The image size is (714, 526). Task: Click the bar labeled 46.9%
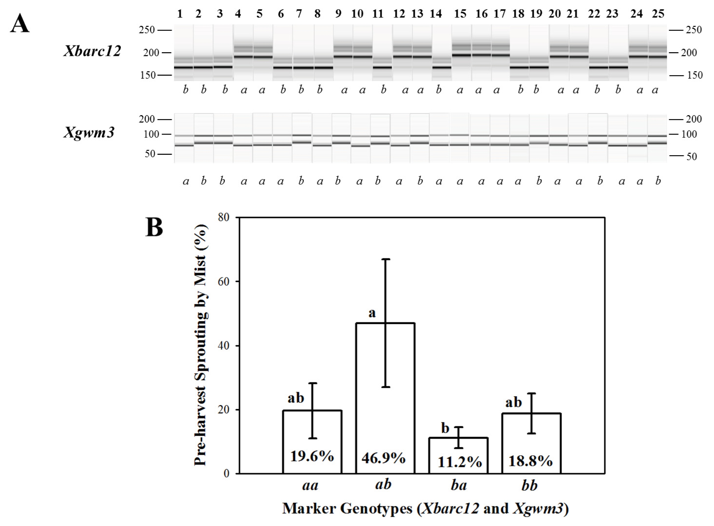385,398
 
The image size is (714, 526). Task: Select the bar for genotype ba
458,456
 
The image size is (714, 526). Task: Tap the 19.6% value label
312,456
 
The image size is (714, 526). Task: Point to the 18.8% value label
530,461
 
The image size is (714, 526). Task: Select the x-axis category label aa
310,486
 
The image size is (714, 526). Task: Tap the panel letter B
154,227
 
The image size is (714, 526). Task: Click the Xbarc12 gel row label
92,51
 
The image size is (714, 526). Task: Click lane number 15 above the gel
460,14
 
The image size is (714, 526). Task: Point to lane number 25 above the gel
658,14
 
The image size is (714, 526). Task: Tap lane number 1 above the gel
180,14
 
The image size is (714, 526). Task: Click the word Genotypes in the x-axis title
377,509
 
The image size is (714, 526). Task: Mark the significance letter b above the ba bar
445,428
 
